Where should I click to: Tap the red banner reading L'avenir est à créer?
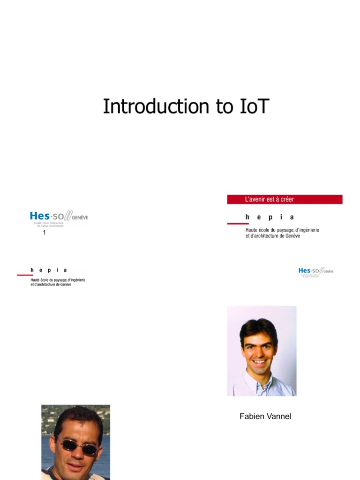tap(285, 199)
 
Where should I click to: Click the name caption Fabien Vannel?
tap(265, 416)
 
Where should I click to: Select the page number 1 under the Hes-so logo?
tap(44, 232)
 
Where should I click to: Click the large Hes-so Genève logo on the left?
tap(59, 218)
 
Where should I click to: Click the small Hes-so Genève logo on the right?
tap(315, 272)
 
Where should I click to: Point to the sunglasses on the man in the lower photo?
tap(77, 446)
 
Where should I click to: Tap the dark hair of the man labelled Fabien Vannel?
tap(258, 327)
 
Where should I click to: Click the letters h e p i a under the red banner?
tap(270, 217)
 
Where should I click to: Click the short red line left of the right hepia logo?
tap(238, 224)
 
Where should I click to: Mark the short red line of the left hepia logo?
tap(25, 275)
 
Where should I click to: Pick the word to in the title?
tap(216, 106)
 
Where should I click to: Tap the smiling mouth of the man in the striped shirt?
tap(259, 361)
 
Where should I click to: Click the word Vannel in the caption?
tap(279, 416)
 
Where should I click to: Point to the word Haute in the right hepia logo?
tap(251, 230)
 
